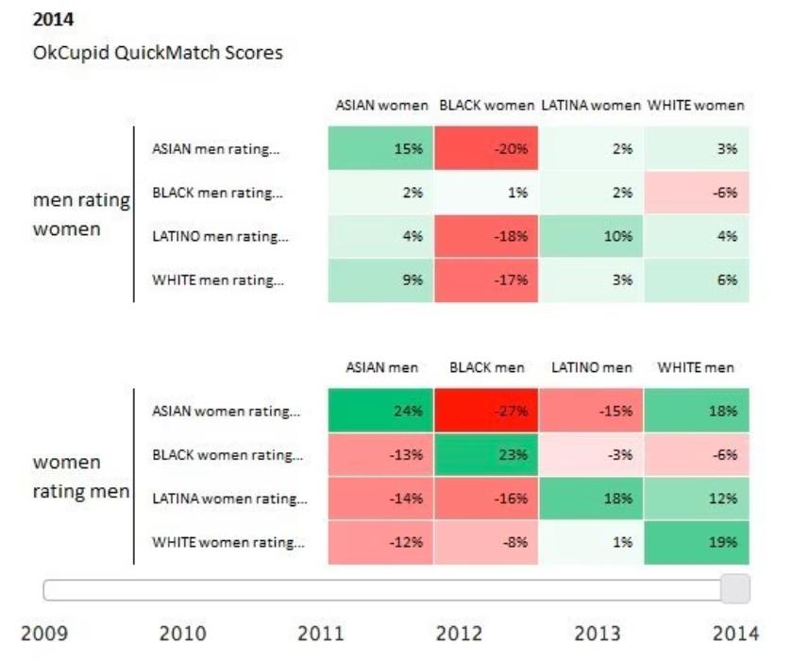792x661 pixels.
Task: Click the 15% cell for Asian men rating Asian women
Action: [381, 148]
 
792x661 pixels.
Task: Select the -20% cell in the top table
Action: [486, 148]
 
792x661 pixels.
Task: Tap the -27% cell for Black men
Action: [486, 411]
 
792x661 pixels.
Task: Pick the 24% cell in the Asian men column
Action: [381, 411]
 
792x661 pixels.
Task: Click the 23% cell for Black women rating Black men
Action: [486, 455]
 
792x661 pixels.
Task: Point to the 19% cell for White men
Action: [697, 543]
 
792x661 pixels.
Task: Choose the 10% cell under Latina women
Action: [591, 236]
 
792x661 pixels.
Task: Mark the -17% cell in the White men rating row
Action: [486, 280]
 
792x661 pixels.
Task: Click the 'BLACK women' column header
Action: [486, 105]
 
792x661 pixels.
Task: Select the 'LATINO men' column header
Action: [592, 367]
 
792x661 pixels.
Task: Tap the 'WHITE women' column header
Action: [696, 105]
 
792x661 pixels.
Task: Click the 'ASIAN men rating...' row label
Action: [216, 148]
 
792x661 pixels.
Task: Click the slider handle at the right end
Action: [735, 589]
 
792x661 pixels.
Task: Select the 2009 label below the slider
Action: [44, 633]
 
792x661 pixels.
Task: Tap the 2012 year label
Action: [459, 633]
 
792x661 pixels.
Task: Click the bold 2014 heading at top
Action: [54, 19]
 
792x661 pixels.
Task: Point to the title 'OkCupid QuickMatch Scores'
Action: [157, 53]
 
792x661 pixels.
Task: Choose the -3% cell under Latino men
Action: [591, 455]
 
